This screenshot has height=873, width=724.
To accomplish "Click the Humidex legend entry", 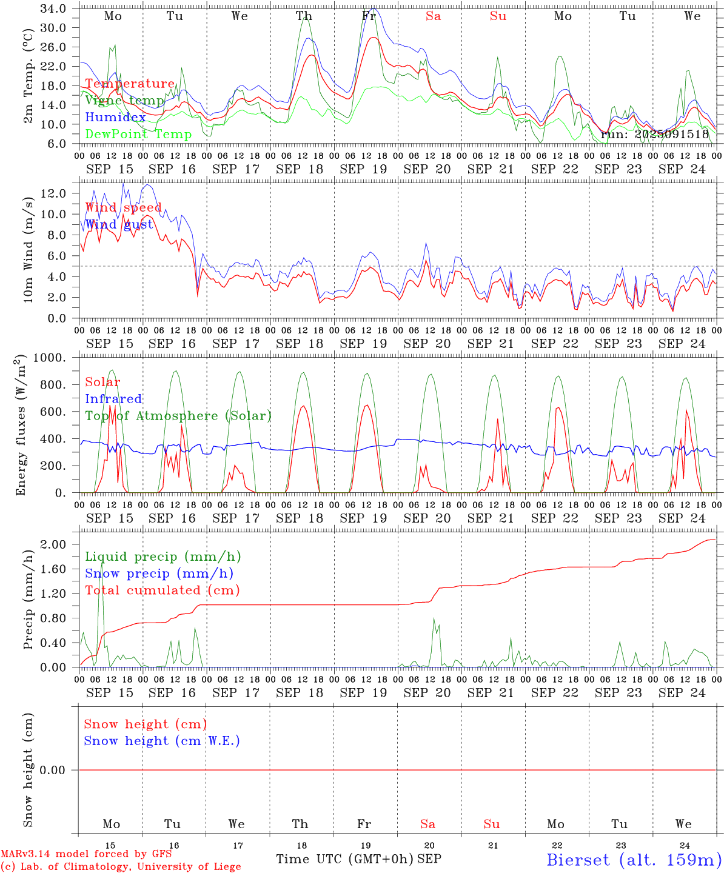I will (115, 118).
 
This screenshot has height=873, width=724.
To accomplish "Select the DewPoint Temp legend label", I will (138, 135).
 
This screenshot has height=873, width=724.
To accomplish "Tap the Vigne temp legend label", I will (124, 101).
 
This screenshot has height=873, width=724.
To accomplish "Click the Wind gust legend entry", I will (119, 224).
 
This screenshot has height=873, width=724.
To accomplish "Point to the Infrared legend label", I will (113, 399).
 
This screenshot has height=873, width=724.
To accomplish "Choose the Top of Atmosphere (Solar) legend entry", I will (178, 416).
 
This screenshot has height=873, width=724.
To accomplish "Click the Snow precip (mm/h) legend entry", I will (159, 574).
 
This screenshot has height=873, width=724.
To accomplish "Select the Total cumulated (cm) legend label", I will (162, 590).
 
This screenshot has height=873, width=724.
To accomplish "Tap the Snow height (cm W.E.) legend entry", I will (162, 741).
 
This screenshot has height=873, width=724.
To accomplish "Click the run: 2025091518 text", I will (654, 135).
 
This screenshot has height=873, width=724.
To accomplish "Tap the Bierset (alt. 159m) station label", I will (634, 860).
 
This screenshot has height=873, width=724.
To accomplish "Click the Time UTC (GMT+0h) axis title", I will (344, 859).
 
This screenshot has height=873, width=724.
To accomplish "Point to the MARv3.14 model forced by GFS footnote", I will (86, 854).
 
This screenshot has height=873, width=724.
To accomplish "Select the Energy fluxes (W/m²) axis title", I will (21, 424).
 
